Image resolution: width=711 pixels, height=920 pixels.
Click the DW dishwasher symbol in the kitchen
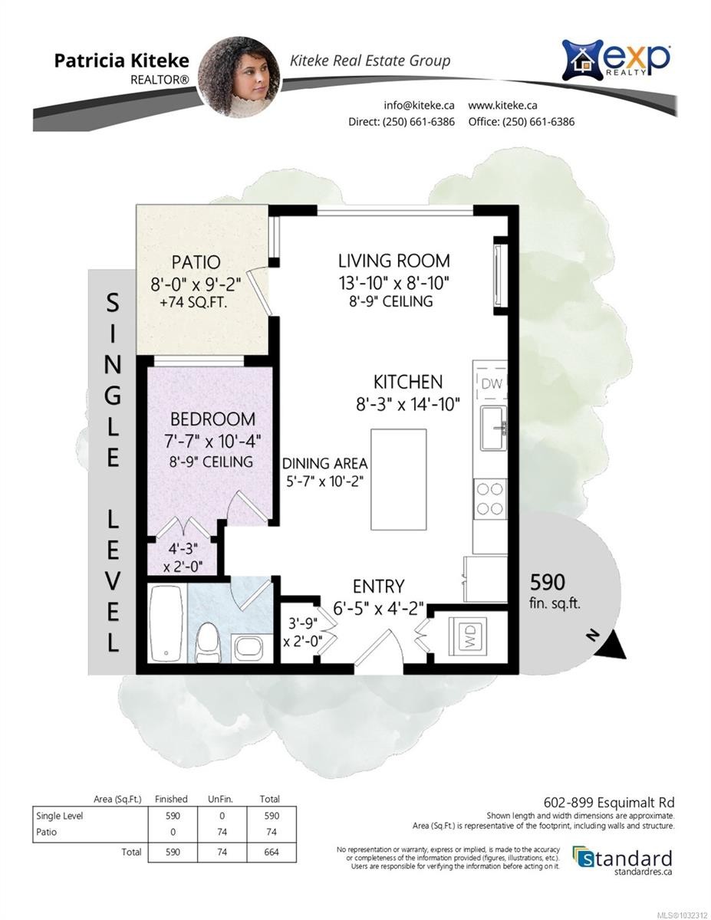[491, 384]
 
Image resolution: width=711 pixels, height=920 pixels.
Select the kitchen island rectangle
[399, 479]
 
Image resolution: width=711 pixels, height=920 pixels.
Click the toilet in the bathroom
[207, 642]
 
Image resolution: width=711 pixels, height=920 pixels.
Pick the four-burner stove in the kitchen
[490, 499]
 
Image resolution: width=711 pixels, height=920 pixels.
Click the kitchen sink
[494, 428]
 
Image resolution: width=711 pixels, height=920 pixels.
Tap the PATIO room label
[196, 262]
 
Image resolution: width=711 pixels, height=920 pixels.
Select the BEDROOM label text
[212, 419]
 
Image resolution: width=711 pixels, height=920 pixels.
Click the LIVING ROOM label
[393, 261]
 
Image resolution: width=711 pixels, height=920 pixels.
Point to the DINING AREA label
[324, 464]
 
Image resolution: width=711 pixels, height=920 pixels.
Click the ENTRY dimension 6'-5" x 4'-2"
[378, 609]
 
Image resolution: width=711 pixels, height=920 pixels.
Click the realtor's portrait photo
[239, 77]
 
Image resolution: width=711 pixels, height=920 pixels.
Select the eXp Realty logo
[616, 60]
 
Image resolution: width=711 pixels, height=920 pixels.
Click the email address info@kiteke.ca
[420, 105]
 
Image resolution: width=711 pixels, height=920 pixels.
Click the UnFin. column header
[221, 799]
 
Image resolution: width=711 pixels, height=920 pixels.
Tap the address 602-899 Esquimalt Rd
[609, 802]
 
